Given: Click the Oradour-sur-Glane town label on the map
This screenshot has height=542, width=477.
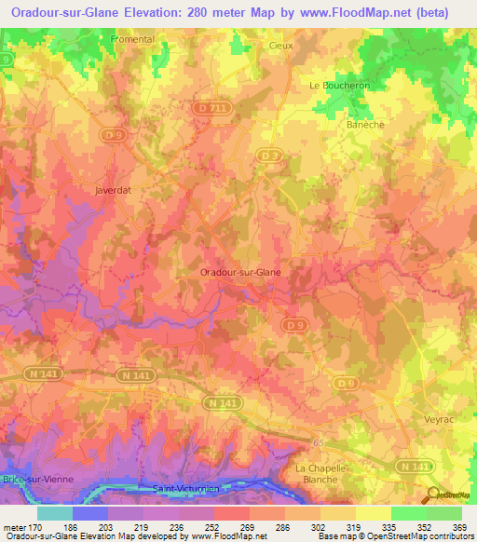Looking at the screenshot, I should coord(241,272).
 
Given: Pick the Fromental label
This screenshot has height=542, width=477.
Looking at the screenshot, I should coord(132,39).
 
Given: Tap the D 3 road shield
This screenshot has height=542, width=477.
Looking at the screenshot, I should coord(270,155).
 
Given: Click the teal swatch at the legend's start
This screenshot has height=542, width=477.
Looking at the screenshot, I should coord(54,513).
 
